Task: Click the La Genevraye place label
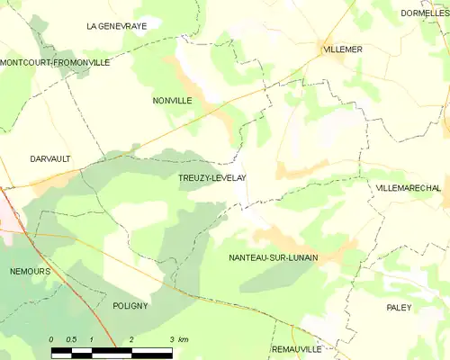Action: pyautogui.click(x=117, y=26)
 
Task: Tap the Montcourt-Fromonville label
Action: pyautogui.click(x=55, y=63)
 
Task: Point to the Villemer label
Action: pyautogui.click(x=342, y=49)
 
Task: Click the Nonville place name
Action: pyautogui.click(x=172, y=101)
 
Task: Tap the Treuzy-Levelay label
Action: pyautogui.click(x=212, y=178)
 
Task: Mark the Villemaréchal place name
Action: pyautogui.click(x=408, y=187)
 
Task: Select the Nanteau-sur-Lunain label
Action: pyautogui.click(x=274, y=257)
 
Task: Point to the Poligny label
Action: pyautogui.click(x=130, y=306)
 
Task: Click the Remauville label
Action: pyautogui.click(x=296, y=347)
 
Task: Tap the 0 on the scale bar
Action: pyautogui.click(x=52, y=339)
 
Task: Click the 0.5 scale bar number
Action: pyautogui.click(x=71, y=339)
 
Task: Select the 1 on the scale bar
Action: pyautogui.click(x=92, y=339)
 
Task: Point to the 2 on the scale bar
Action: pyautogui.click(x=132, y=339)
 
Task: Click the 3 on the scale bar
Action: pyautogui.click(x=172, y=339)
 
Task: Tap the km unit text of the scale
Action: pyautogui.click(x=184, y=339)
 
